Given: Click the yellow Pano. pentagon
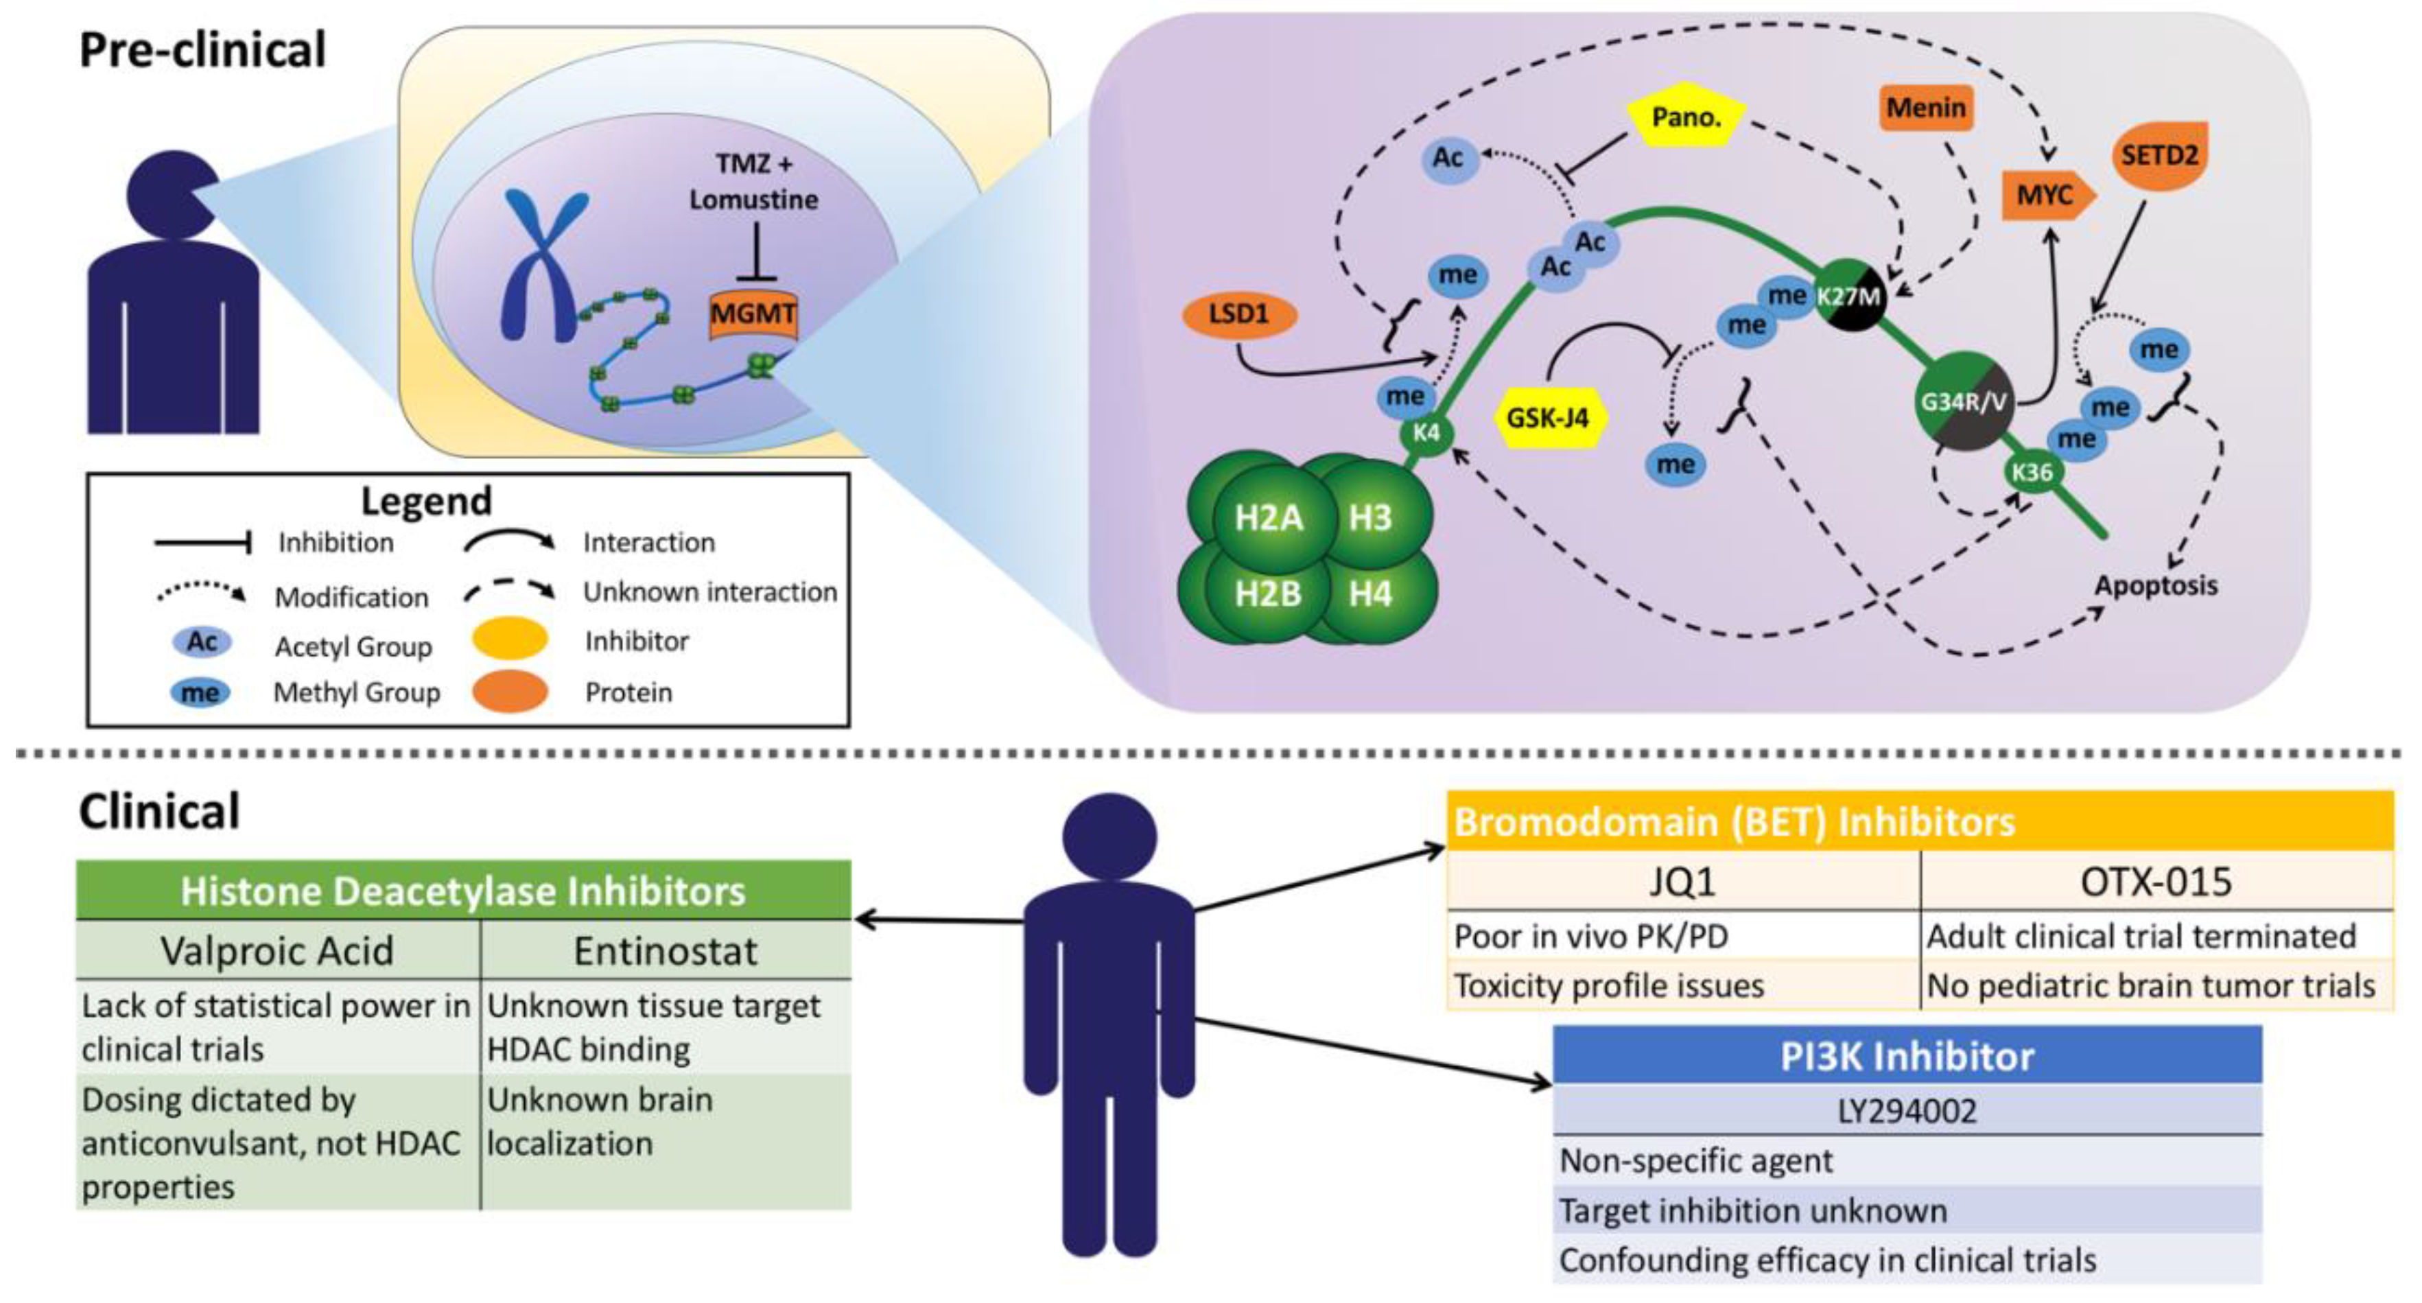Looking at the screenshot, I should pyautogui.click(x=1686, y=117).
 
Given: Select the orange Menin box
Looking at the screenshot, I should pyautogui.click(x=1925, y=109).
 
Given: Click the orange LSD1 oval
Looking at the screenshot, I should pyautogui.click(x=1238, y=314).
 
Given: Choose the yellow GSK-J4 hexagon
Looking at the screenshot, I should pyautogui.click(x=1548, y=416).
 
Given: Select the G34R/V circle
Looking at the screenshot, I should pyautogui.click(x=1963, y=402).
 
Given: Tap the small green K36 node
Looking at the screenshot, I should pyautogui.click(x=2031, y=472).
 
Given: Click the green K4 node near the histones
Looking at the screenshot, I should pyautogui.click(x=1426, y=434).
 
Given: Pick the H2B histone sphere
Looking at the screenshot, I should pyautogui.click(x=1267, y=594).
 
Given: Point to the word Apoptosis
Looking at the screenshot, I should pyautogui.click(x=2155, y=586).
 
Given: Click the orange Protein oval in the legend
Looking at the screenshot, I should pyautogui.click(x=510, y=692).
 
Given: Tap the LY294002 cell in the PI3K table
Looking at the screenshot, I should pyautogui.click(x=1907, y=1111).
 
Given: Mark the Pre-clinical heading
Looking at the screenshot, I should pyautogui.click(x=202, y=50).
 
